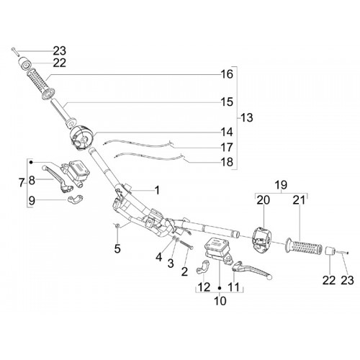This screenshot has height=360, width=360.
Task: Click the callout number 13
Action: tap(247, 118)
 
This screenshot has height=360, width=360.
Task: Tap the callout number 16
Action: tap(227, 74)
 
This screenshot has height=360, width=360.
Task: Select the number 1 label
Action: tap(157, 191)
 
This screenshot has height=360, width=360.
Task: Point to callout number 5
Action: tap(117, 249)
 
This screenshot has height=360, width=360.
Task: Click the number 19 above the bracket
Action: tap(281, 185)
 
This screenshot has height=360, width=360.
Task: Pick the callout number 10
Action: tap(220, 301)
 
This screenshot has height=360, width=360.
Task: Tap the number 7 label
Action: tap(22, 184)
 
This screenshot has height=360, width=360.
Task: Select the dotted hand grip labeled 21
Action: tap(304, 246)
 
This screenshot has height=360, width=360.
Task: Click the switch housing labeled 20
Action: tap(261, 240)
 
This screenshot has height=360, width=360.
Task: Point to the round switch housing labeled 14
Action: tap(81, 138)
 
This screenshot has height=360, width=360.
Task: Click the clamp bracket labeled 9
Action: tap(75, 199)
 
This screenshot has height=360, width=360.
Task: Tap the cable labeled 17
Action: tap(138, 144)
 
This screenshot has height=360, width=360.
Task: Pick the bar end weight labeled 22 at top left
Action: tap(25, 63)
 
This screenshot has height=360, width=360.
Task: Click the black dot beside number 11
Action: tap(219, 287)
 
